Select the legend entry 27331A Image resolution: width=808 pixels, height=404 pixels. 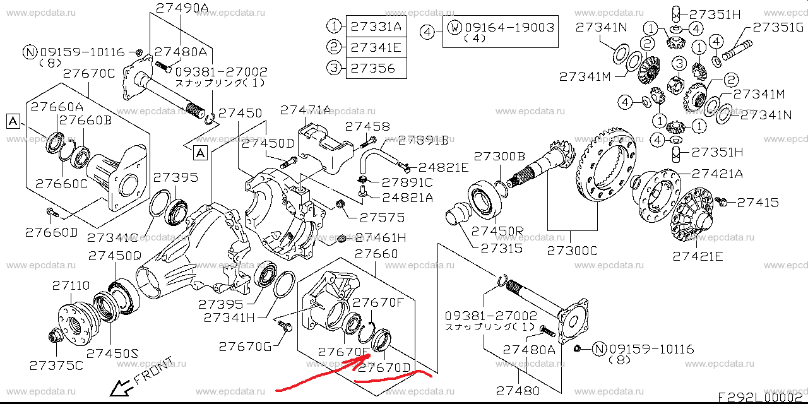point(376,27)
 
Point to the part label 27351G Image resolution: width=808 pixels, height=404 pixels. point(777,27)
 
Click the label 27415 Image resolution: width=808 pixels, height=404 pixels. point(757,203)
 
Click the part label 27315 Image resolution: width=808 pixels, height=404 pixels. point(501,249)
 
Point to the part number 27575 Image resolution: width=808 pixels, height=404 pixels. point(382,218)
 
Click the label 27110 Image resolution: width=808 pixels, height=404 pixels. point(71,286)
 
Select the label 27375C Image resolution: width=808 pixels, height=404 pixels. point(56,365)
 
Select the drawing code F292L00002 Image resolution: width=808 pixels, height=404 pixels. point(763,397)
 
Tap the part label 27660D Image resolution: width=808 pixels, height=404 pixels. point(51,232)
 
